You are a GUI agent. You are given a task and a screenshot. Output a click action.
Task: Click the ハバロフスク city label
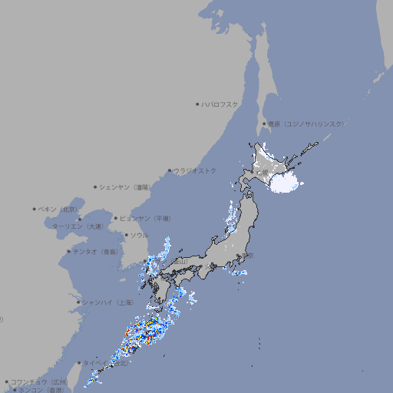(x=220, y=104)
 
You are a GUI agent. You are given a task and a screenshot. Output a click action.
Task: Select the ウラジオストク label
(x=195, y=170)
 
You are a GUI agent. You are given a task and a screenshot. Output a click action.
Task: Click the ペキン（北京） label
(x=58, y=209)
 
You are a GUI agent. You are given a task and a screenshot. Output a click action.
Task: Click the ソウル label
(x=139, y=235)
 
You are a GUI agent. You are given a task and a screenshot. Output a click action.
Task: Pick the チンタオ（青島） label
(x=96, y=252)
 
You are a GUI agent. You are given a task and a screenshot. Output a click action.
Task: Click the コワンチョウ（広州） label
(x=39, y=381)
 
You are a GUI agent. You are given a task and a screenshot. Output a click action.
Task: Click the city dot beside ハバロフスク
(x=197, y=104)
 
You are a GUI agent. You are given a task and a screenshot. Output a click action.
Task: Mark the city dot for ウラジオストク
(x=170, y=170)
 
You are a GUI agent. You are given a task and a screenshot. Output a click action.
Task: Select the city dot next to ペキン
(x=35, y=209)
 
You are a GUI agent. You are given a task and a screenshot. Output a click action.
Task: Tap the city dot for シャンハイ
(x=78, y=302)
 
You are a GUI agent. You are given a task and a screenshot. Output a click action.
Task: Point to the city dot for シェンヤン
(x=95, y=187)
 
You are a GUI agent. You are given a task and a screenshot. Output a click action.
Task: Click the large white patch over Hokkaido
(x=284, y=181)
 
